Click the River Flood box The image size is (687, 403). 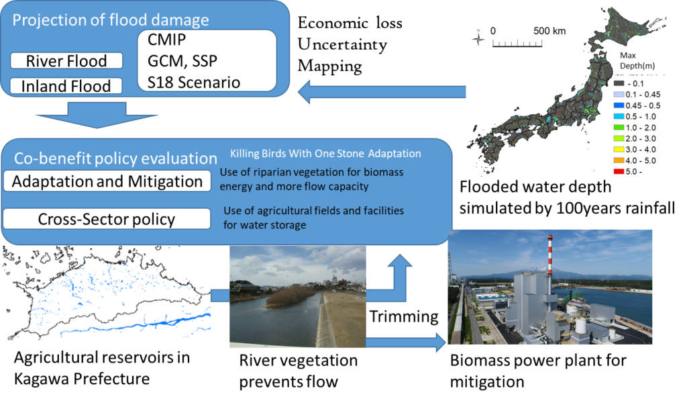(x=66, y=61)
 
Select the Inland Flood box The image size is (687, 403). (x=66, y=86)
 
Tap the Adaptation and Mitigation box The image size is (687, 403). (x=107, y=181)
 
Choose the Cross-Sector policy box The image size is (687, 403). (x=107, y=219)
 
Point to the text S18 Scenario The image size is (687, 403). (x=194, y=83)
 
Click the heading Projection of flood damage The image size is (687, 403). (x=111, y=19)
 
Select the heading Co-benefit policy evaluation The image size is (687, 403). (x=115, y=159)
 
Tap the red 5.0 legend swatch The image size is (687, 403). (x=619, y=172)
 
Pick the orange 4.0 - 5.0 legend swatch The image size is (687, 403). (x=619, y=161)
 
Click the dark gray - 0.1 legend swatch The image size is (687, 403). (x=619, y=83)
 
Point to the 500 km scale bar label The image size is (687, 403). (x=549, y=31)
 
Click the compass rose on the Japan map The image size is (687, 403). (x=478, y=38)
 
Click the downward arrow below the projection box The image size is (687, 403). (x=81, y=115)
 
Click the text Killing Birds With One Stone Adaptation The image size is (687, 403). (x=325, y=154)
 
